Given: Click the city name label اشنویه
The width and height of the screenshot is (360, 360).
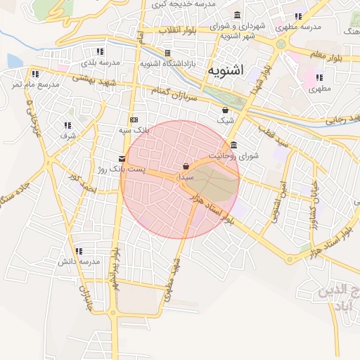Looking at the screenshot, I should click(226, 70).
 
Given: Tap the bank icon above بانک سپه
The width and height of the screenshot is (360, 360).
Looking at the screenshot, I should click(134, 119).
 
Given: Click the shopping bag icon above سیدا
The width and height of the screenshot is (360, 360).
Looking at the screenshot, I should click(185, 167).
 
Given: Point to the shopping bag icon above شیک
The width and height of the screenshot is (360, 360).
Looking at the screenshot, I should click(225, 110).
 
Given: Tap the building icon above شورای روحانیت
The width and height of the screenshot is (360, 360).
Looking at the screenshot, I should click(233, 146).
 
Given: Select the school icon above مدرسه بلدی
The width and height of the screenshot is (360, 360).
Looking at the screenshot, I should click(101, 51).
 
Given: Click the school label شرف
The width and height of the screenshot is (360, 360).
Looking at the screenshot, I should click(67, 134).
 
